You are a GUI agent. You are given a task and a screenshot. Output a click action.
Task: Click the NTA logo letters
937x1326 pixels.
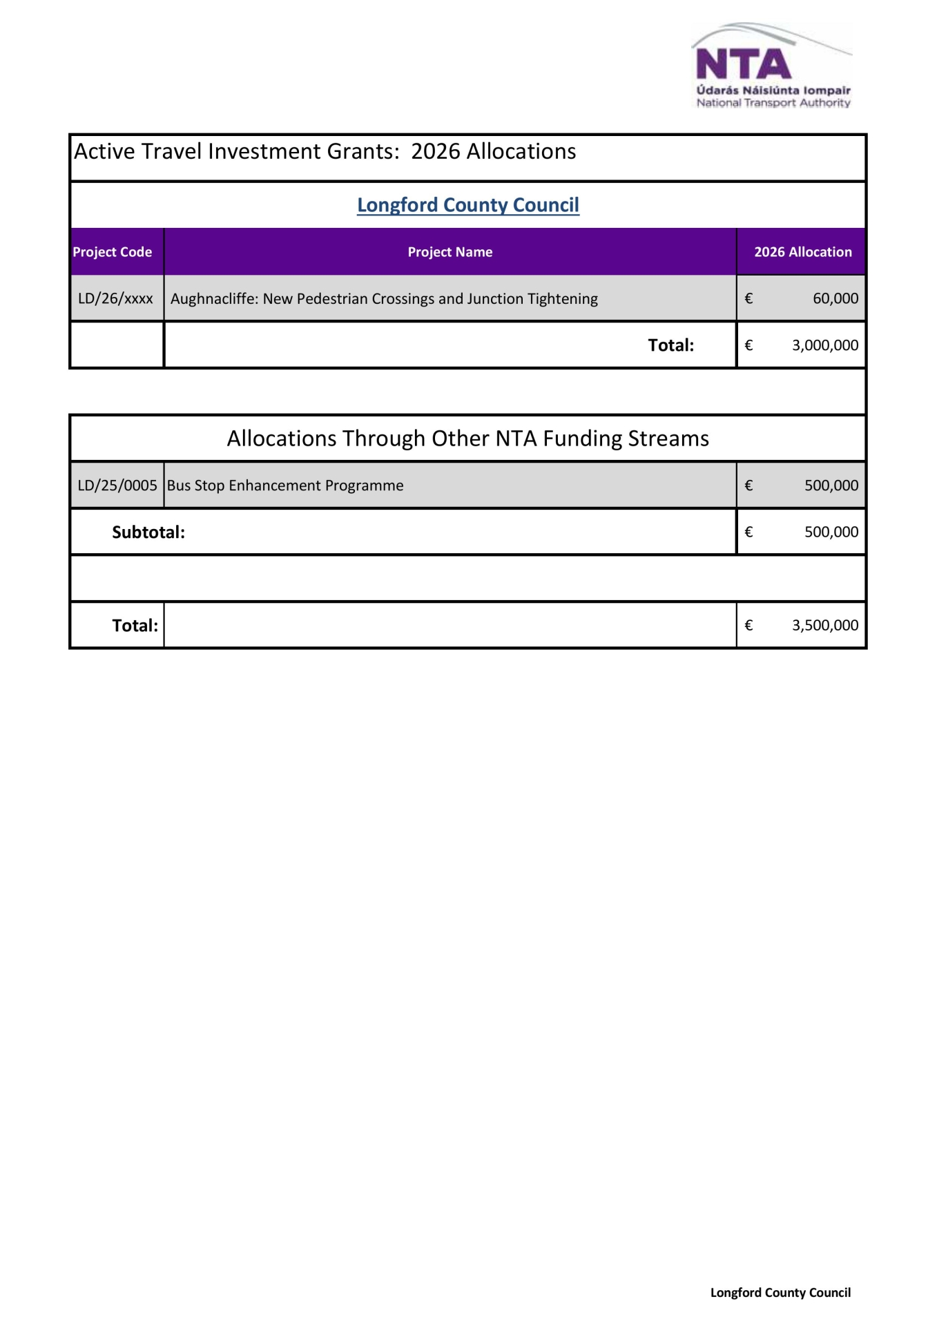pos(743,64)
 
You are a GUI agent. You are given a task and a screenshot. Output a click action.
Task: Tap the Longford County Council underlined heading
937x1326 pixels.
pos(467,205)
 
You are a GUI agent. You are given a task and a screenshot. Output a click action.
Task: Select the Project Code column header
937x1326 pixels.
pos(112,252)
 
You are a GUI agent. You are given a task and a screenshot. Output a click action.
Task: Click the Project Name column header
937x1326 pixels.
pos(450,252)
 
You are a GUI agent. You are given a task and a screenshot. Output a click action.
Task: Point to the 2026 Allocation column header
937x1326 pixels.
pos(802,252)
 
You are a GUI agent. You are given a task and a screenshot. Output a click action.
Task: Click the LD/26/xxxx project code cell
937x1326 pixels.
pos(115,298)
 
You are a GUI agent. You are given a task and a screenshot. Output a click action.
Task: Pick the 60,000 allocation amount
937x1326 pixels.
pos(835,298)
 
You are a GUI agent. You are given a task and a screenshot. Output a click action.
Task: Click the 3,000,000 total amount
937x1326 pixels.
pos(825,345)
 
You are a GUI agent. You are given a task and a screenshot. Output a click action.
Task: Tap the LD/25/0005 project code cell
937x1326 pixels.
pos(117,486)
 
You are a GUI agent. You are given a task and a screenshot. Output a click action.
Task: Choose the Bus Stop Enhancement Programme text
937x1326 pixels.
pos(285,486)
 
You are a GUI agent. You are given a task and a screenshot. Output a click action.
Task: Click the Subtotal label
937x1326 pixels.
pos(148,532)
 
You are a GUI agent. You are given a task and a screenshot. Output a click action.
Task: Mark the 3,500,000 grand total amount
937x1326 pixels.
pos(825,626)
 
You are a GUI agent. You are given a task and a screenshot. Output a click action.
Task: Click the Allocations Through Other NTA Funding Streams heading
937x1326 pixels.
pos(467,439)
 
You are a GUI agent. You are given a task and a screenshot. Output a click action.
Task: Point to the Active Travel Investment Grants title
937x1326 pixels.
pos(325,152)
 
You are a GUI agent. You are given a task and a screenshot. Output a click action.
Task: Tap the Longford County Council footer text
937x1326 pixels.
pos(780,1293)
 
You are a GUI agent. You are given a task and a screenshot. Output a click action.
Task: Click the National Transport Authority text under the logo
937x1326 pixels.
pos(773,103)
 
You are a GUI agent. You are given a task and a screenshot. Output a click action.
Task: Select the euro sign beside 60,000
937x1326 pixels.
pos(748,298)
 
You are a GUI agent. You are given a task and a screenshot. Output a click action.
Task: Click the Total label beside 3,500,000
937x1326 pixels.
pos(135,626)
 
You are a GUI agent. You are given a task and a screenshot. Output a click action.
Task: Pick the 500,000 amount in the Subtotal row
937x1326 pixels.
pos(831,532)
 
